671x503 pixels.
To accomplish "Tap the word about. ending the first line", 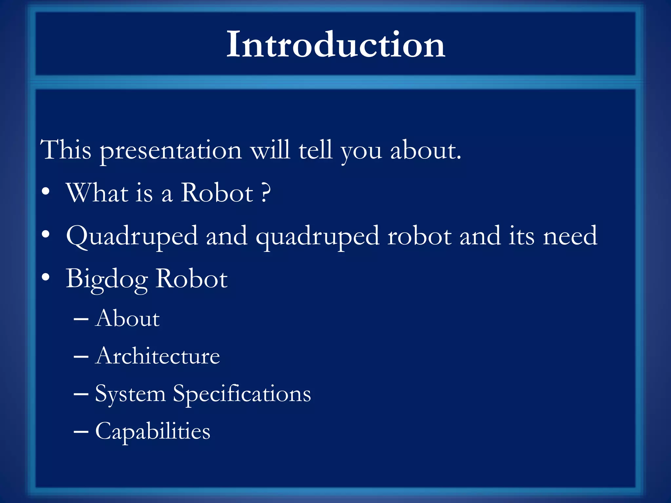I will (426, 151).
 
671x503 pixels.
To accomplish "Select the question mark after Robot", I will (266, 193).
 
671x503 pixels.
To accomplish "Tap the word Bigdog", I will (107, 279).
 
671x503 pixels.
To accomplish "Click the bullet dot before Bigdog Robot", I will (46, 277).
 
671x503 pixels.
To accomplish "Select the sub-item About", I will (127, 318).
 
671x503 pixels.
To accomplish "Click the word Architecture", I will (158, 356).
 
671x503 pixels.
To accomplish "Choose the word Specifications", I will (242, 394).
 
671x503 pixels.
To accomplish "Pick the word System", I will (130, 394).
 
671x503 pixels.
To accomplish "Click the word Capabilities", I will (153, 432).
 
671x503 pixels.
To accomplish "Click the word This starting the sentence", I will (66, 150).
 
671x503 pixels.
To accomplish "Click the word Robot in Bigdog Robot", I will (191, 279).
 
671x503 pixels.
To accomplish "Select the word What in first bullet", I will (97, 193).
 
